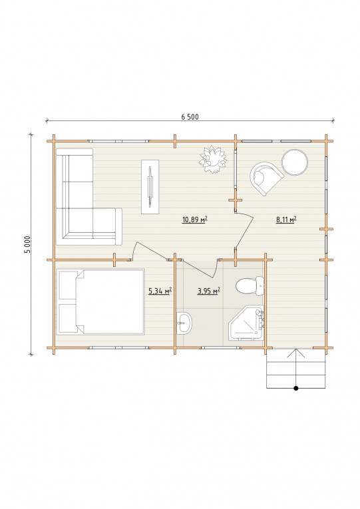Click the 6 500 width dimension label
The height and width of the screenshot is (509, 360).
pos(190,117)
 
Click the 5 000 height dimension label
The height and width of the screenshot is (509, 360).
pos(28,244)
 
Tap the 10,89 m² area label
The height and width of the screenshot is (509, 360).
pos(195,220)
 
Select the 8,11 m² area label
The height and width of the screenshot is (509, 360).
pos(286,220)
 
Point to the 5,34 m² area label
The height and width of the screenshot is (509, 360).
pos(160,291)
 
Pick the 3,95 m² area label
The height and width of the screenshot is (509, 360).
pos(209,291)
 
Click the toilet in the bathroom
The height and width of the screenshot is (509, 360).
pos(250,286)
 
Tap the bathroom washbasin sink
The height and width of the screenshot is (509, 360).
pos(184,323)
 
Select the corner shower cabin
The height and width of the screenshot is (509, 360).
pos(247,323)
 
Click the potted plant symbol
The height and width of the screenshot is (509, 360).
pos(213,160)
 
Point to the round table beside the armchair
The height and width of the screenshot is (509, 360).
pos(295,162)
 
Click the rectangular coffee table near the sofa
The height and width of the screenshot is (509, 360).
pos(150,187)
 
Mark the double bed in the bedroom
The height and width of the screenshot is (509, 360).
pos(100,302)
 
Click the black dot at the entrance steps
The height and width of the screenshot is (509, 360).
pos(295,388)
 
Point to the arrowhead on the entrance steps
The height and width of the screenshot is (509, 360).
pos(295,353)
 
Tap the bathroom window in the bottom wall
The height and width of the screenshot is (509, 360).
pos(221,348)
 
